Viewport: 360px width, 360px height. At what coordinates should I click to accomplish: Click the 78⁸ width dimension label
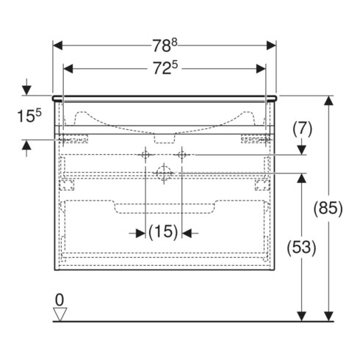pyautogui.click(x=165, y=46)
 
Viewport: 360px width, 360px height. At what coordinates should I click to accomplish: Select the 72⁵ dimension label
pyautogui.click(x=165, y=68)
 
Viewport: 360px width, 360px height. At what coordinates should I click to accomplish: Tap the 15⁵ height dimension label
pyautogui.click(x=29, y=115)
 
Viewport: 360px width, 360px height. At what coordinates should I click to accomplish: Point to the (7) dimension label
pyautogui.click(x=303, y=129)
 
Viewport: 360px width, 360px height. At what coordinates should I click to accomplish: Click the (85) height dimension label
pyautogui.click(x=328, y=209)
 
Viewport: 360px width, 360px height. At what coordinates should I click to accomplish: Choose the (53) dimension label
pyautogui.click(x=301, y=248)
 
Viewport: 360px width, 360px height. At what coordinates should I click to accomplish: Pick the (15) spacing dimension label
pyautogui.click(x=163, y=231)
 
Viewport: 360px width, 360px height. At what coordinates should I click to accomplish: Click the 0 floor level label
pyautogui.click(x=60, y=300)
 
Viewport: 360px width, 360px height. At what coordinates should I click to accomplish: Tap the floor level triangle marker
pyautogui.click(x=60, y=314)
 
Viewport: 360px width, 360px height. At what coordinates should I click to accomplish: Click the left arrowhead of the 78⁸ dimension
pyautogui.click(x=58, y=46)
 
